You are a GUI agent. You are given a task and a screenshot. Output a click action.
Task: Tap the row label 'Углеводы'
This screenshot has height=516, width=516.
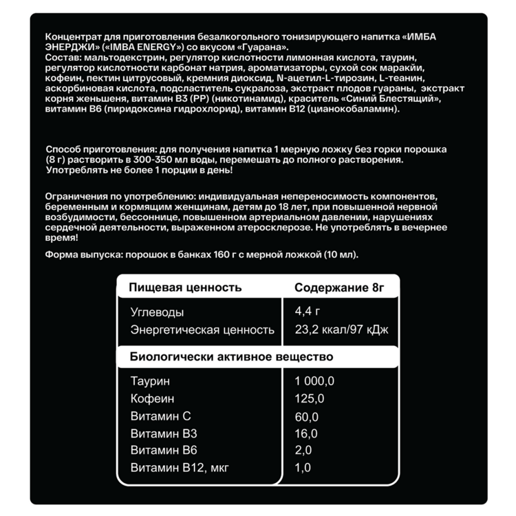coord(157,312)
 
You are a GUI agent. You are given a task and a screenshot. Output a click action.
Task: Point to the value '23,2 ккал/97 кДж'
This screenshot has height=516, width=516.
coord(341,330)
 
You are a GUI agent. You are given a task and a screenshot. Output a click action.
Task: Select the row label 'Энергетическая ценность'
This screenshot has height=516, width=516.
coord(202,330)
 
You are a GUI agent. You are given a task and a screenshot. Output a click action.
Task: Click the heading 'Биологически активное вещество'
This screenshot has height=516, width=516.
coord(232,356)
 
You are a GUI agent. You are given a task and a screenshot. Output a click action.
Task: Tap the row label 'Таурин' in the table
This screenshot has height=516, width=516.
coord(149,381)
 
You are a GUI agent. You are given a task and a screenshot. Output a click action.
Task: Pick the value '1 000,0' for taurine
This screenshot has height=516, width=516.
coord(314,381)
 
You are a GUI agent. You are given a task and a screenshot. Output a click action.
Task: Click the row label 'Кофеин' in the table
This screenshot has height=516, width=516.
coord(152,398)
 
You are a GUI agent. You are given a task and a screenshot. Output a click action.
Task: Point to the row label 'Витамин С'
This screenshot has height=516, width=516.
coord(160,416)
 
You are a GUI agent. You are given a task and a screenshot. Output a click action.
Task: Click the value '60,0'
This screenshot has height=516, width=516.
coord(306,416)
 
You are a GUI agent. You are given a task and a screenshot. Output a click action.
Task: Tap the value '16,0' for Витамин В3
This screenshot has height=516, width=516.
coord(306,433)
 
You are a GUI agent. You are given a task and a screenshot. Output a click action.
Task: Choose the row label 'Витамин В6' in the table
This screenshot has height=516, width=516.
coord(163,451)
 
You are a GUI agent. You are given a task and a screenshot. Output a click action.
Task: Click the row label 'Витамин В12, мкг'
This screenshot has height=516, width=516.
coord(180,468)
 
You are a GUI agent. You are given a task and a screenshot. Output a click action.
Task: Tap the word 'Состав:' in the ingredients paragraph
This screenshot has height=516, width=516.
coord(61,58)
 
